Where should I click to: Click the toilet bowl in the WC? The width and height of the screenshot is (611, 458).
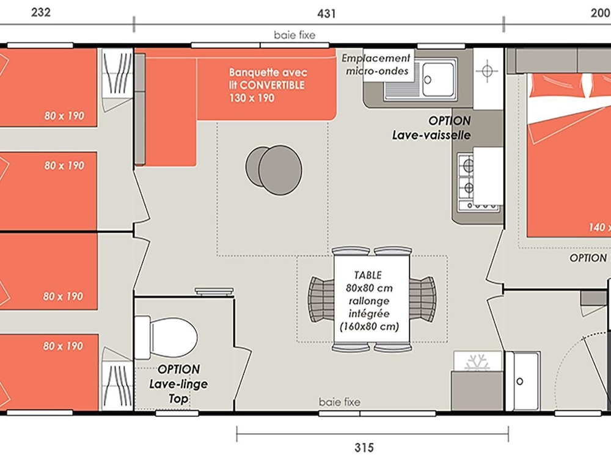[174, 336]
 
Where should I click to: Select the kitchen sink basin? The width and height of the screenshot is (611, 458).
[438, 79]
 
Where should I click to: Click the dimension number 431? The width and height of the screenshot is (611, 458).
[326, 13]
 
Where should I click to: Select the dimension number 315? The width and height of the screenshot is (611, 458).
[364, 448]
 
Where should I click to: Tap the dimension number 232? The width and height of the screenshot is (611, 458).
[41, 12]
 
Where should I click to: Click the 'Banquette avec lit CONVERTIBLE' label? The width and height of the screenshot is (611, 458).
[268, 85]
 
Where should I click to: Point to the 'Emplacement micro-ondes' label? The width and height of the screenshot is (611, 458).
[376, 65]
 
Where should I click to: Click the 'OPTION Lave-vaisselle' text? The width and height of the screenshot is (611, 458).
[431, 128]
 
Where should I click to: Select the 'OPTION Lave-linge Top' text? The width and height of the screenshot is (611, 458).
[178, 384]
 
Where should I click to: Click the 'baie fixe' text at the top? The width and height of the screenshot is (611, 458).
[295, 35]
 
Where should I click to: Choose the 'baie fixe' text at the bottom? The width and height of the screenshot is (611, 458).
[339, 402]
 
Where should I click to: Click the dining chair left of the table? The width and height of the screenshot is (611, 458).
[321, 299]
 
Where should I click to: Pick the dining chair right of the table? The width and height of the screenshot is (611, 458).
[423, 299]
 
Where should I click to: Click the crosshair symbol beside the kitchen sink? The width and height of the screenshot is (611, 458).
[487, 71]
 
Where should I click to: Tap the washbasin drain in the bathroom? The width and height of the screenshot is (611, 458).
[520, 381]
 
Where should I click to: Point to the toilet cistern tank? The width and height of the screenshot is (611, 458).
[142, 337]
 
